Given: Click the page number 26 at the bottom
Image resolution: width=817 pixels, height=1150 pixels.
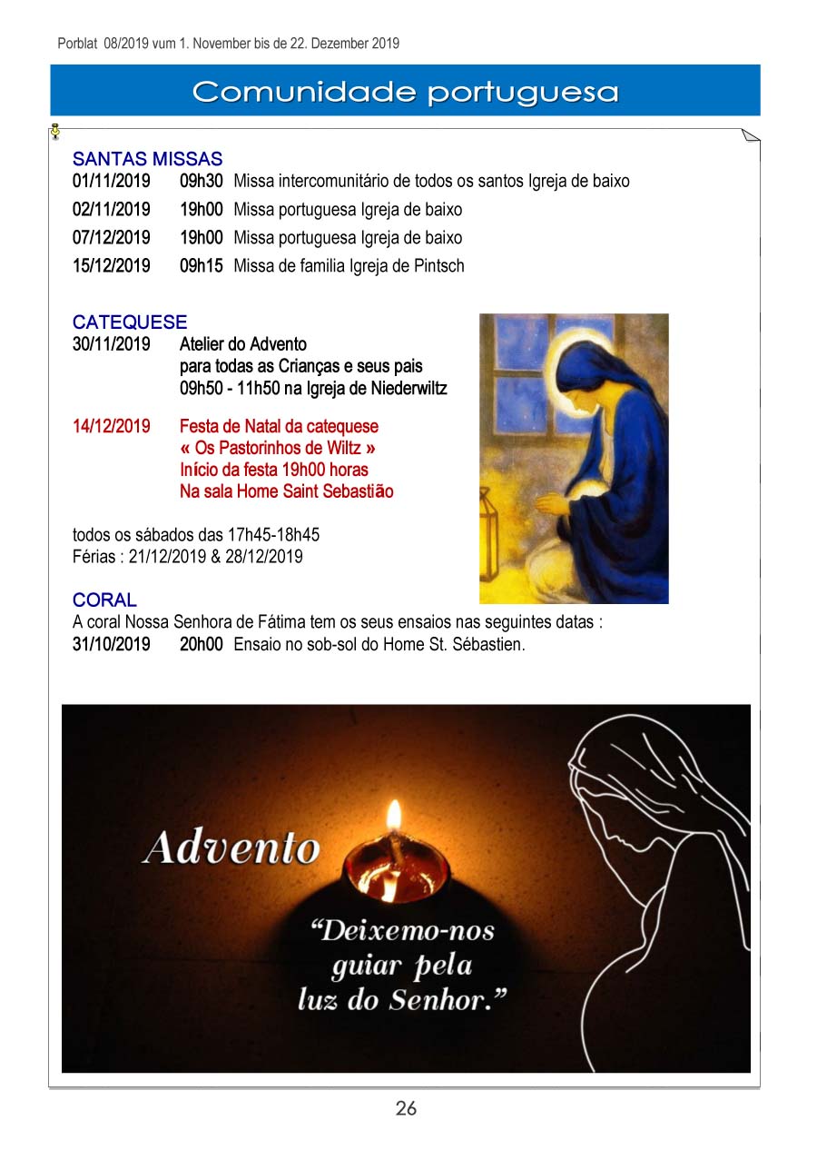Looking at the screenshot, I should [406, 1108].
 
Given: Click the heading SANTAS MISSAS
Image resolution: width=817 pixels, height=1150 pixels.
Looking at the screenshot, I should [147, 160].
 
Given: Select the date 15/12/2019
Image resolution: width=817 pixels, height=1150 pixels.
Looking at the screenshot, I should [112, 266].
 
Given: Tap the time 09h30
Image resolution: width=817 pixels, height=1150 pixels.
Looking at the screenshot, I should [201, 181].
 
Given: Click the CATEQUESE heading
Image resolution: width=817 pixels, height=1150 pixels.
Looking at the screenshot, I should [130, 322].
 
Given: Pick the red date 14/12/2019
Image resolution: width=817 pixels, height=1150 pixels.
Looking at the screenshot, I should [112, 426].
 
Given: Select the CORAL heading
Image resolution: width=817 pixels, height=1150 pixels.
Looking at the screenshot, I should [104, 600].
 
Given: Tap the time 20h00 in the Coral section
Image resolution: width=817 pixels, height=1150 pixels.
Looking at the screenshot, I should [201, 645].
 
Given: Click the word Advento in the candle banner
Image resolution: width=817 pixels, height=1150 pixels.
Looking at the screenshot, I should [231, 848].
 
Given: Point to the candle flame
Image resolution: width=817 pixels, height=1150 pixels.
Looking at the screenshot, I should [393, 814].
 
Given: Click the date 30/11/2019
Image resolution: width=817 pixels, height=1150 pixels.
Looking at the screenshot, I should [112, 344].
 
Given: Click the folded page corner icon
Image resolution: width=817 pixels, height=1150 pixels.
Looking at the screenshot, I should [750, 136].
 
